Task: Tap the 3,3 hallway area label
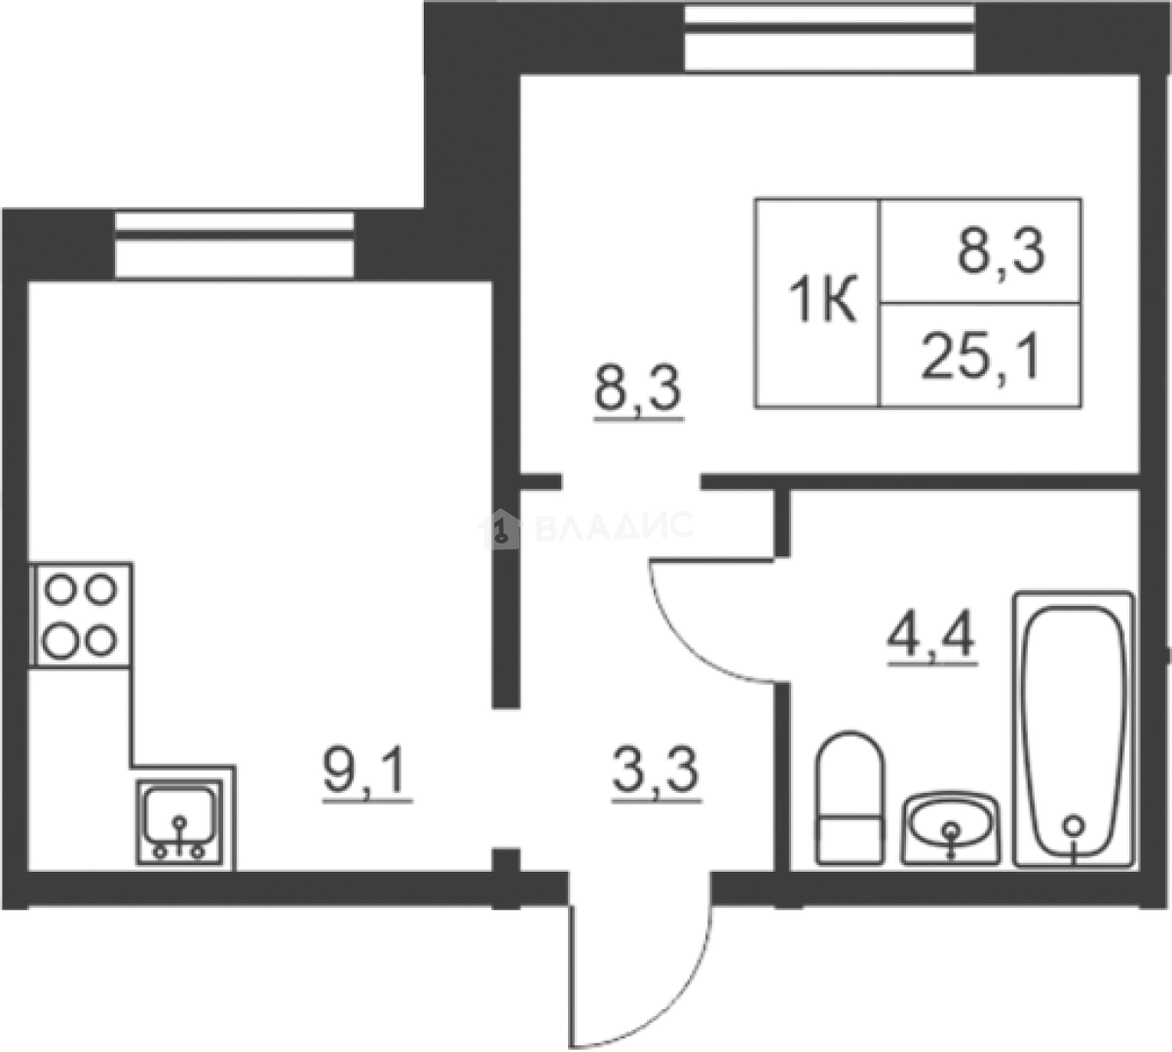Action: tap(657, 773)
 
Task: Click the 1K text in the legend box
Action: tap(822, 299)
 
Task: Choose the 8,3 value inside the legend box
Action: tap(1002, 251)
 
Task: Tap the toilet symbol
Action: tap(850, 798)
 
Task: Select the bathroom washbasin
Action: tap(951, 828)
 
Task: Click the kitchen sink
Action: tap(180, 822)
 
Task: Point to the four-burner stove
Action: tap(81, 615)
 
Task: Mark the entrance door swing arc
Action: tap(642, 977)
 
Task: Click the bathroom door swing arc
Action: tap(712, 621)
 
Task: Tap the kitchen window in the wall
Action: tap(234, 245)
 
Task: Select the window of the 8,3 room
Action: tap(829, 38)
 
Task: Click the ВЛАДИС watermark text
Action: tap(615, 526)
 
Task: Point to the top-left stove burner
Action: tap(60, 590)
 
